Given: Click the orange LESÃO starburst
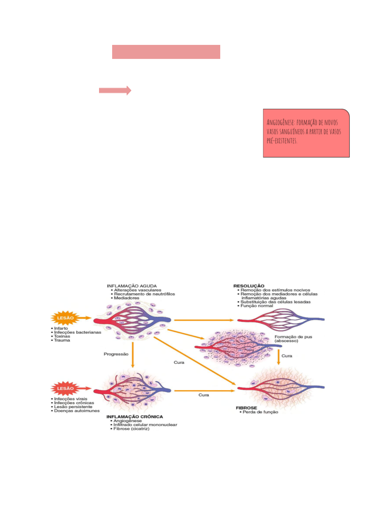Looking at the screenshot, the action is point(65,318).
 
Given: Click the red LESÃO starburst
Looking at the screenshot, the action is point(65,388).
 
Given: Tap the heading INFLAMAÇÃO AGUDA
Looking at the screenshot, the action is point(132,286).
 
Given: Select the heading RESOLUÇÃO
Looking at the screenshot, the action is point(249,286).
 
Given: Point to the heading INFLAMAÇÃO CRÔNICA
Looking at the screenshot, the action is point(135,417).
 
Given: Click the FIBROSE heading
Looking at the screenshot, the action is point(246,408).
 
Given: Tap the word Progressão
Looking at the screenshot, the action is point(116,354).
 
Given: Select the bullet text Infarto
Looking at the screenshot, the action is point(61,328).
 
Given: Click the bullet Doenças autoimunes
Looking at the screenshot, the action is point(77,411).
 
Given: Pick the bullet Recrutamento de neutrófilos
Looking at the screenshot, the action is point(144,294).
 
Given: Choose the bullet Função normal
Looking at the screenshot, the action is point(257,306).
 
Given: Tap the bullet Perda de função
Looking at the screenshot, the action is point(260,412).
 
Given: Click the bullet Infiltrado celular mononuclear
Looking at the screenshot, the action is point(145,425).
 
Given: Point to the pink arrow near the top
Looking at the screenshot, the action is point(115,90).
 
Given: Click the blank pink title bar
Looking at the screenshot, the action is point(166,52).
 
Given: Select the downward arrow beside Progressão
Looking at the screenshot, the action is point(133,354).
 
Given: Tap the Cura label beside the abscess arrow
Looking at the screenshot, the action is point(287,356).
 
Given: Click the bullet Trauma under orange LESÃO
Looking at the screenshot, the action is point(62,340).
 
